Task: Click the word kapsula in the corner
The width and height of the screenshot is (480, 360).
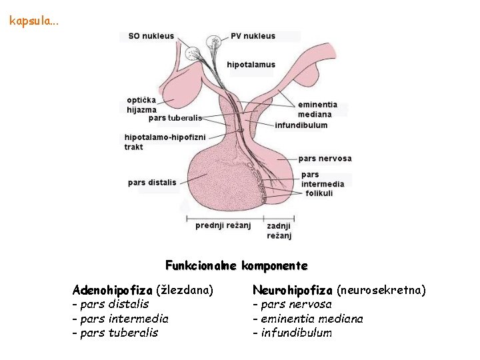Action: [33, 21]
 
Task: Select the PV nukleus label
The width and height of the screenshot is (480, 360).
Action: [253, 36]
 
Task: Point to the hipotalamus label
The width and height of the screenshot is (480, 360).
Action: [251, 65]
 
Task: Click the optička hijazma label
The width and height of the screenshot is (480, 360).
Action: [142, 105]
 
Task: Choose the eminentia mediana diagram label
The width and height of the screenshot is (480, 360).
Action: [317, 109]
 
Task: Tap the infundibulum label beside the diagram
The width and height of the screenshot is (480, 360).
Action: [301, 125]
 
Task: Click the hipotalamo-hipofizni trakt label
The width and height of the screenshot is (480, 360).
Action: [156, 142]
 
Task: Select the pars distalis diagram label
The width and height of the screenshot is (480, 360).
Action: [152, 182]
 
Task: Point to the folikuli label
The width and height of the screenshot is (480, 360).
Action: [319, 193]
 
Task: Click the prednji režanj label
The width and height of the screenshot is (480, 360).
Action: [223, 225]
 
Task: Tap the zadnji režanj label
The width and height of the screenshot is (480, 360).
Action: [279, 231]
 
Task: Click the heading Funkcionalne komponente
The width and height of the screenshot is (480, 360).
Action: [236, 265]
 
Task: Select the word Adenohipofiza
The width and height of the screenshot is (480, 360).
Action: [112, 290]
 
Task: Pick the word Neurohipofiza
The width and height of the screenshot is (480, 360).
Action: [292, 290]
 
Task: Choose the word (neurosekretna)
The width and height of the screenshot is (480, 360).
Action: [381, 290]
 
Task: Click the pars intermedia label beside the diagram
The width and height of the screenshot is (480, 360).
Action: [323, 179]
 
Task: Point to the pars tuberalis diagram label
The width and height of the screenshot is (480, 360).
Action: [175, 118]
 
